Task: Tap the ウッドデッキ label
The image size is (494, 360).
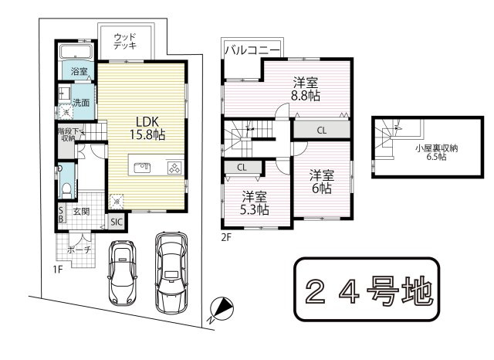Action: (125, 41)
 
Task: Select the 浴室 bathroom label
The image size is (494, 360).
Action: (79, 72)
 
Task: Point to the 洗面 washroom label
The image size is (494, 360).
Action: (81, 102)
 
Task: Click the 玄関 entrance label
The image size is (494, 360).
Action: (83, 210)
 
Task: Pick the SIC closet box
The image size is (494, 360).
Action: (116, 222)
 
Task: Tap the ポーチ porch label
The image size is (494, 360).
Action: (79, 250)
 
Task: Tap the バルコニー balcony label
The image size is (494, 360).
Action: (252, 50)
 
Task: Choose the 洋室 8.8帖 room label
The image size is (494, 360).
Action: (305, 89)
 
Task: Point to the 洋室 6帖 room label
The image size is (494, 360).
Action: (322, 181)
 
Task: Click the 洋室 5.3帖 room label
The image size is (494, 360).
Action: (255, 202)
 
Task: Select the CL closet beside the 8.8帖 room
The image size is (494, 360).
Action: (321, 130)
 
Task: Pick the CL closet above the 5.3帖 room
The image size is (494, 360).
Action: (242, 166)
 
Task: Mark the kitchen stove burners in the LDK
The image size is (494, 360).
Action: (174, 168)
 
